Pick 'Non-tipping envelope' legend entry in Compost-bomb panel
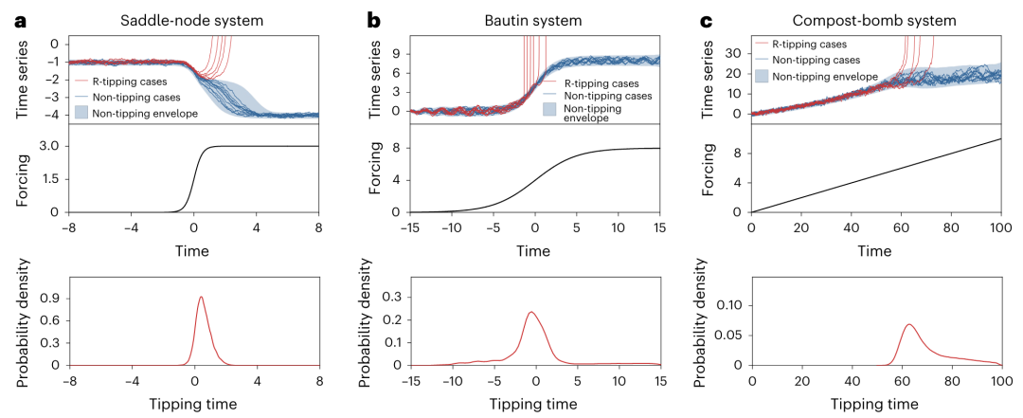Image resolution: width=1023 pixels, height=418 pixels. [823, 76]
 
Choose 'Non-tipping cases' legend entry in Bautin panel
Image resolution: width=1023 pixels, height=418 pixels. [607, 95]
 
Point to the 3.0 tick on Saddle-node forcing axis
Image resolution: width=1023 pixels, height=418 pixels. [51, 146]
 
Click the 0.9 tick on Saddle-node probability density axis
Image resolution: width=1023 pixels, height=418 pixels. [51, 298]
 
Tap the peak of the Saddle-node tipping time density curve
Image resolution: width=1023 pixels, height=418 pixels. [201, 298]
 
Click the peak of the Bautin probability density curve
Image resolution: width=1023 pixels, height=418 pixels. [530, 313]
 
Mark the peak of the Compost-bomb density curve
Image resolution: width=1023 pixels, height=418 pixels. [909, 325]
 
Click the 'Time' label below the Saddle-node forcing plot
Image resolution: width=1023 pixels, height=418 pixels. [193, 250]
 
